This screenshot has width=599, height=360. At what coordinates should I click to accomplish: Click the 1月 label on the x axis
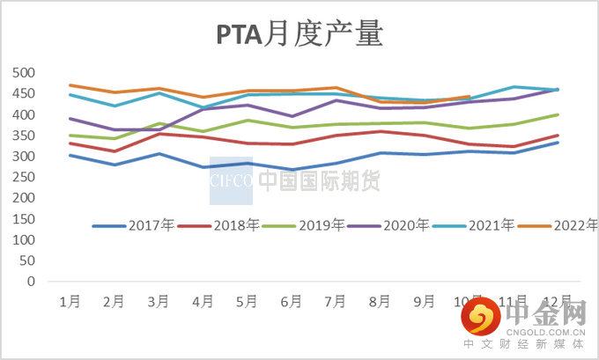click(x=70, y=302)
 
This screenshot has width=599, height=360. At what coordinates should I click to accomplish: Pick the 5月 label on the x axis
click(x=247, y=302)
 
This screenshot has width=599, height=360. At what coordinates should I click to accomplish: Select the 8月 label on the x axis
click(x=380, y=302)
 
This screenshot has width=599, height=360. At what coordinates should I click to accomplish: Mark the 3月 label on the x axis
click(x=159, y=302)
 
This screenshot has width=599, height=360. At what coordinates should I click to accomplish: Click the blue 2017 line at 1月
click(x=70, y=155)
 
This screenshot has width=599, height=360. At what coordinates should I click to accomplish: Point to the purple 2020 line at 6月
click(x=292, y=116)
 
